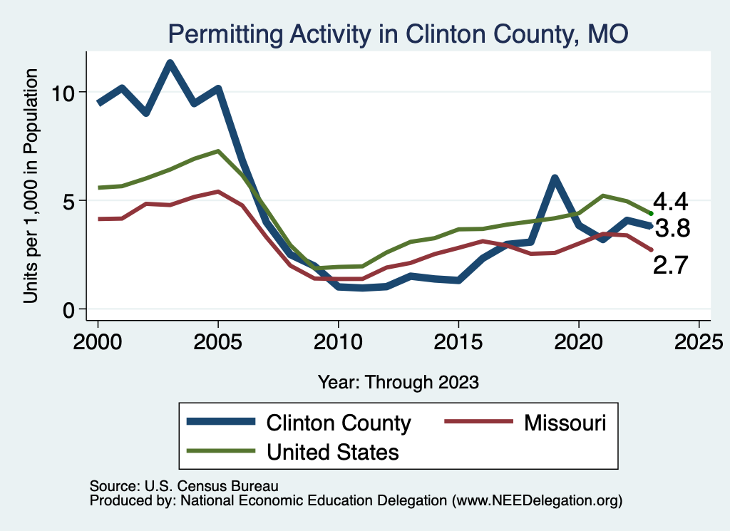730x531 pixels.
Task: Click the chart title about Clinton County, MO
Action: (x=397, y=33)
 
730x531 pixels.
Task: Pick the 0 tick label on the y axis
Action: (x=69, y=309)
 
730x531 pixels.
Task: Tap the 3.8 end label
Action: (x=672, y=229)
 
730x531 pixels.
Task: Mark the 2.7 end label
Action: (x=671, y=266)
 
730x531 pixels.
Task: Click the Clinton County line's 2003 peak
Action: (x=170, y=63)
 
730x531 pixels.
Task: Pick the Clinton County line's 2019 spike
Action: (x=554, y=178)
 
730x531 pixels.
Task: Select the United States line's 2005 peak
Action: (x=217, y=151)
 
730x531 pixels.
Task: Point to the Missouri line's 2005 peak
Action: (x=217, y=192)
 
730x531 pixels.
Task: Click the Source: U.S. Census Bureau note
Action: (x=183, y=485)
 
